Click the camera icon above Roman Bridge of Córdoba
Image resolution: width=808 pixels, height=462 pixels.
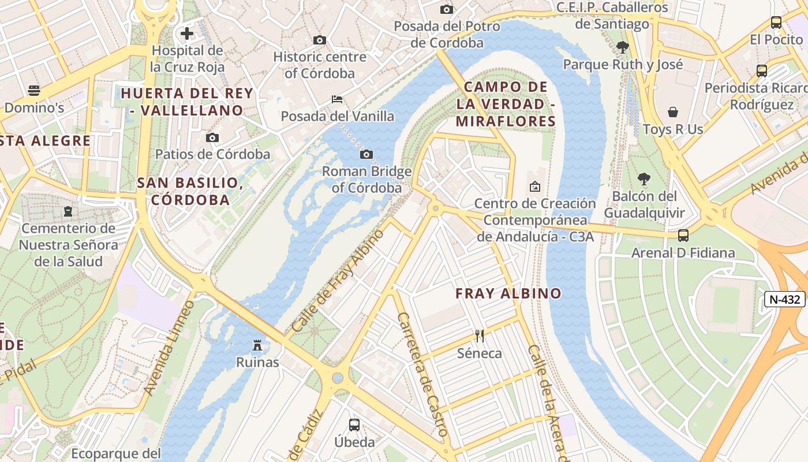(366, 154)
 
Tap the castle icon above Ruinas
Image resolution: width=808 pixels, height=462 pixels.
(257, 345)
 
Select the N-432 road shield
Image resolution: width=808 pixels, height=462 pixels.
(785, 299)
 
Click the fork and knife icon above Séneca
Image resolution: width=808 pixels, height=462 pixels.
(479, 336)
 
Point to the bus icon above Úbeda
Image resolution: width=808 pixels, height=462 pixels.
(354, 425)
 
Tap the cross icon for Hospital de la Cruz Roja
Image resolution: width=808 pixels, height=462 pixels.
(186, 33)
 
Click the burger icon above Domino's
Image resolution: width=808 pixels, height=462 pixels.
(34, 90)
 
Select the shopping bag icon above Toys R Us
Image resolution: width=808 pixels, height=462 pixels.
(673, 111)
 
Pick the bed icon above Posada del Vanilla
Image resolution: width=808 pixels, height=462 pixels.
(337, 99)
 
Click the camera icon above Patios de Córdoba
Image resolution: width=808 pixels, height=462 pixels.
(212, 137)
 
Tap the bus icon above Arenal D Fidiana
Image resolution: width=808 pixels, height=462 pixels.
(683, 235)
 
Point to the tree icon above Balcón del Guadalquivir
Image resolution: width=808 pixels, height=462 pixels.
(644, 179)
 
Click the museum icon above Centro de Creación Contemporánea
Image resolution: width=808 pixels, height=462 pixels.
(534, 186)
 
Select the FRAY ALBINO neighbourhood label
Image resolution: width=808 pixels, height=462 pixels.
(508, 293)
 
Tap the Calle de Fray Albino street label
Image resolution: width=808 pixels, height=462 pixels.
(338, 281)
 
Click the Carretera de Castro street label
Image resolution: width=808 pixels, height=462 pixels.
(422, 374)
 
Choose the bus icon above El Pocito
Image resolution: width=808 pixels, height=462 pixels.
(776, 23)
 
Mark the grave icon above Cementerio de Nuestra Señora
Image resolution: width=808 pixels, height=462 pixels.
(68, 211)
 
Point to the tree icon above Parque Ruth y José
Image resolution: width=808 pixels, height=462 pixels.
(622, 47)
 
